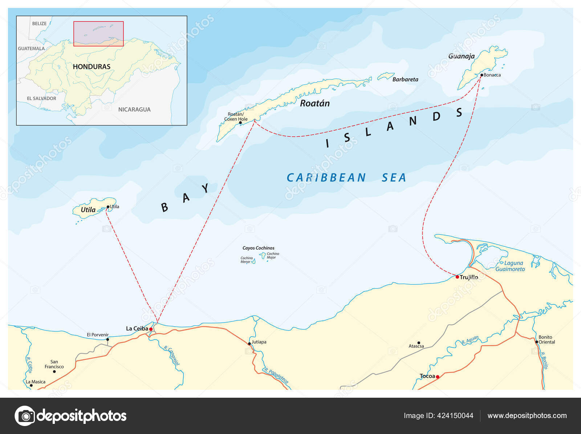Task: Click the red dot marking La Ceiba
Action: pos(151,329)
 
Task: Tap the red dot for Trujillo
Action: pos(457,277)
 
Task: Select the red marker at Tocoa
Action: pos(438,377)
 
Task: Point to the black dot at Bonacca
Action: pos(482,75)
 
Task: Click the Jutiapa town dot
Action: pos(249,343)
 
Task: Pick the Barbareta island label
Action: pos(405,79)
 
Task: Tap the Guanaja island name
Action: pos(461,56)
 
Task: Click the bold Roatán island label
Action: pos(315,103)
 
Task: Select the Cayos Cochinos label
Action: pos(258,248)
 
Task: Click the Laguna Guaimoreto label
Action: pos(511,266)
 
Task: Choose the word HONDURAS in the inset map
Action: pos(92,67)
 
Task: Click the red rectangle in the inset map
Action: pos(98,34)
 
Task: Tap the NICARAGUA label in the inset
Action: pos(134,110)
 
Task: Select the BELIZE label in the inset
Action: pos(39,24)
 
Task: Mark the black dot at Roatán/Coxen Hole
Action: pos(240,123)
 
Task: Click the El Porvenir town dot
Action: pos(107,340)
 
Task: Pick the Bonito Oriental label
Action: pos(546,340)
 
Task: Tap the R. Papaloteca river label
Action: pos(276,376)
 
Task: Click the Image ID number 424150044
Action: pos(455,416)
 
